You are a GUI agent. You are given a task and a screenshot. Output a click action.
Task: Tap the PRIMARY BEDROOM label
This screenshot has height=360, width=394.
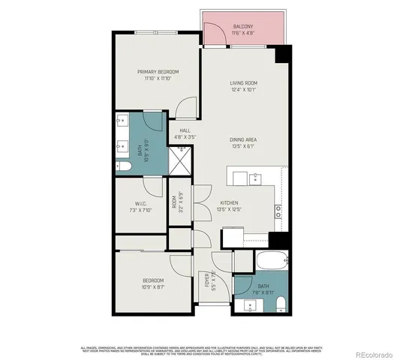tap(158, 71)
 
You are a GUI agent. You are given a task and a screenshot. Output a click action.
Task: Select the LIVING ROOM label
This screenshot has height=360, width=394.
tap(244, 84)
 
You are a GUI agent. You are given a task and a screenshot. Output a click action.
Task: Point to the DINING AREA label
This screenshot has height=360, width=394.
tap(244, 139)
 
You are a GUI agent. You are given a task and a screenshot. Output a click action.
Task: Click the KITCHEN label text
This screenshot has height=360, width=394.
tap(229, 203)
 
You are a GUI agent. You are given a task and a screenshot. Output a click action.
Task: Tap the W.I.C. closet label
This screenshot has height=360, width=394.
tap(140, 203)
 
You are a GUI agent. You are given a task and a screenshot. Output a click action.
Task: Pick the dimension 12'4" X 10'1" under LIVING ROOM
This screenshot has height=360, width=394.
tap(244, 91)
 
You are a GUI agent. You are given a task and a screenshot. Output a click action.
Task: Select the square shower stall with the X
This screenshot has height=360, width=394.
tap(181, 157)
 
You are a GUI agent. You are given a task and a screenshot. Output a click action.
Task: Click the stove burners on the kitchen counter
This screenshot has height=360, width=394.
tap(278, 211)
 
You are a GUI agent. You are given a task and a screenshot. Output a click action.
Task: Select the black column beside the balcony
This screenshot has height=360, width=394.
tap(282, 55)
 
